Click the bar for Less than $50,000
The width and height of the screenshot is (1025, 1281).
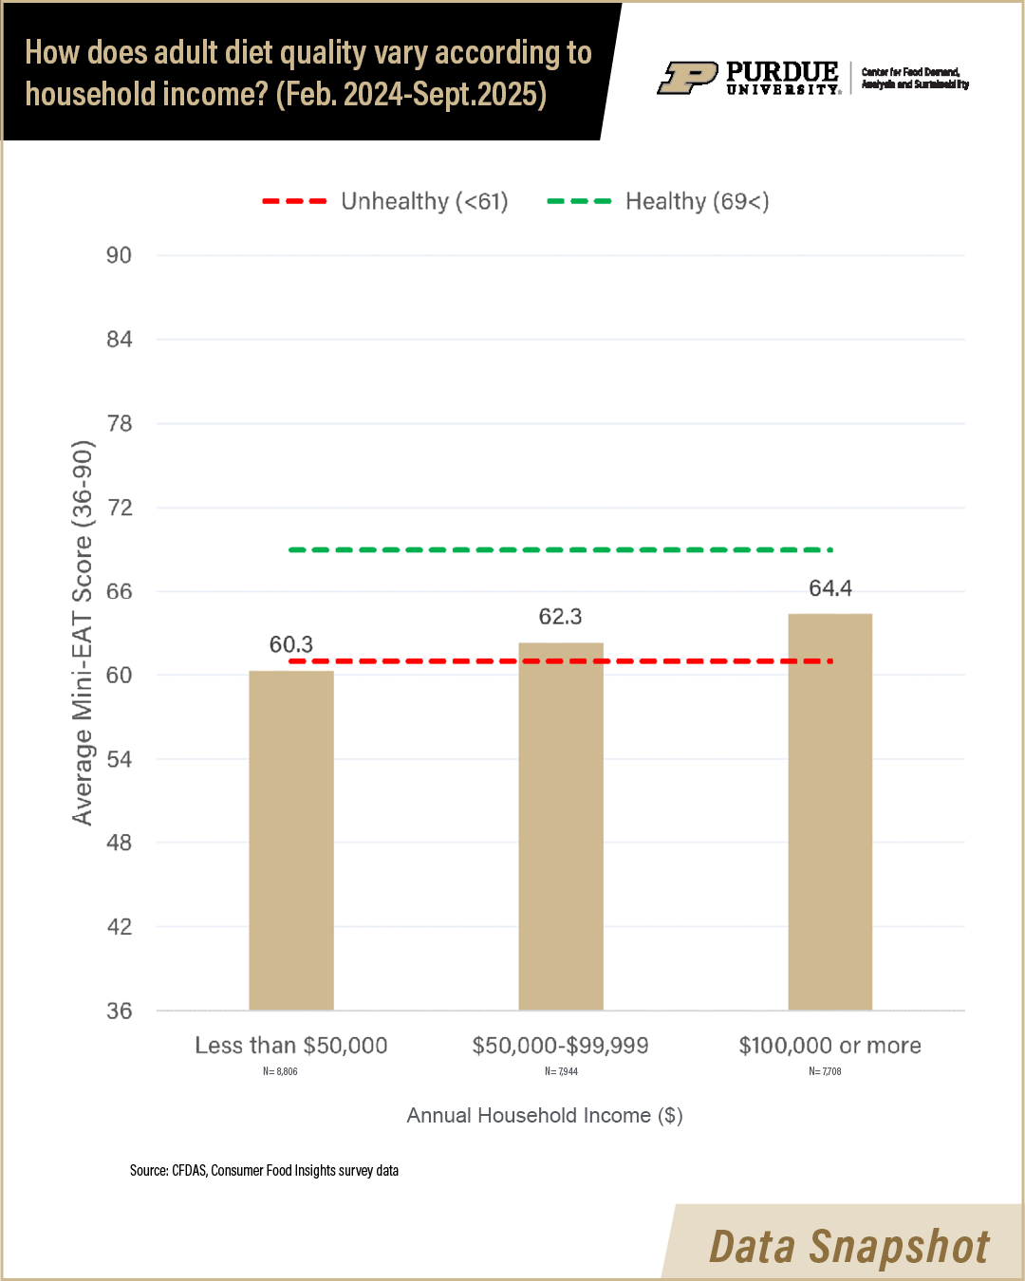point(291,840)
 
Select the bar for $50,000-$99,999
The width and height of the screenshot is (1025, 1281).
point(561,826)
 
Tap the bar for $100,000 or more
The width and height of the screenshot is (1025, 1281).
point(830,811)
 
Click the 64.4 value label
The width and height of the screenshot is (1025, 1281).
point(830,588)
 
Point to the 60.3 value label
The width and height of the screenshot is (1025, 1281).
point(291,644)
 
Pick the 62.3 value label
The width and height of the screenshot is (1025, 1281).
point(561,617)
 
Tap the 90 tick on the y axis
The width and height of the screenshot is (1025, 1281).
point(119,255)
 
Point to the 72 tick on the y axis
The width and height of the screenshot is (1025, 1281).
point(119,508)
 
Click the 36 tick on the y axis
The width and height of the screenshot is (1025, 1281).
point(119,1011)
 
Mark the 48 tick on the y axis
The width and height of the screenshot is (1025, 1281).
point(119,843)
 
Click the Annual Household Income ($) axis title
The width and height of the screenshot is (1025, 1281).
point(545,1115)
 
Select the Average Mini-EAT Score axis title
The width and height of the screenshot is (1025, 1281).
point(84,633)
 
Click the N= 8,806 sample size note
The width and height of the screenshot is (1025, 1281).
point(280,1071)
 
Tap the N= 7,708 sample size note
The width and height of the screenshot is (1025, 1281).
point(825,1071)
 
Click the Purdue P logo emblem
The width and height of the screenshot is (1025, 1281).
point(687,78)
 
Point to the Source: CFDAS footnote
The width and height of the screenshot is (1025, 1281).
point(264,1170)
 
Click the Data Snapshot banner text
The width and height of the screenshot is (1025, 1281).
point(849,1246)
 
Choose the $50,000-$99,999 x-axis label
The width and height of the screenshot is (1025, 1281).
point(561,1046)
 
